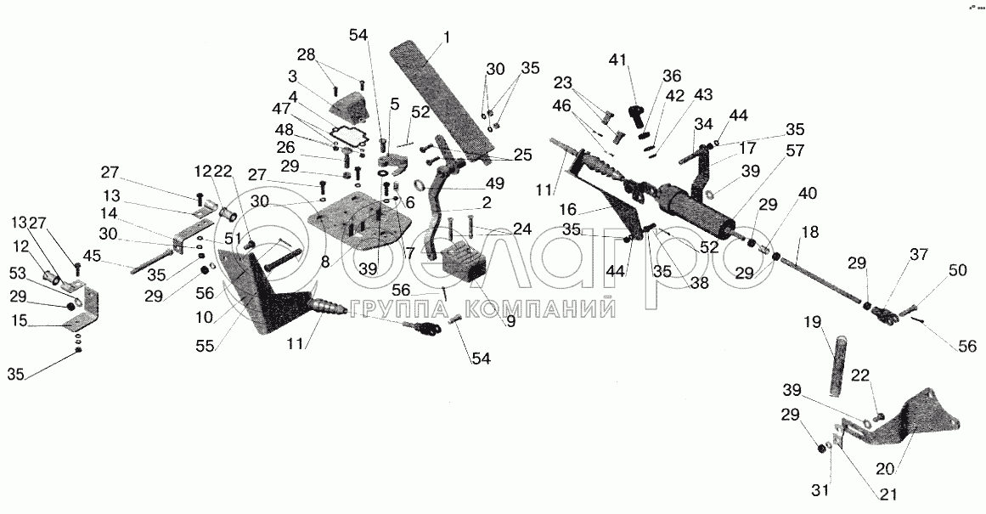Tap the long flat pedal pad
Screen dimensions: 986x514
tap(438, 97)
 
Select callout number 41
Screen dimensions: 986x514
tap(617, 60)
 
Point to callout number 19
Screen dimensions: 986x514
tap(813, 323)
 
